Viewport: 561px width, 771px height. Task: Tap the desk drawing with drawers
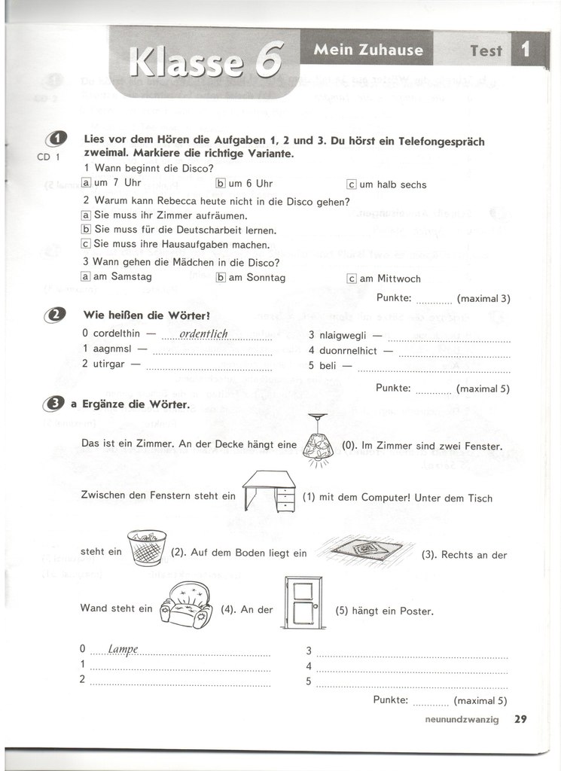click(x=268, y=489)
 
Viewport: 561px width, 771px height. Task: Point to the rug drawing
click(x=365, y=550)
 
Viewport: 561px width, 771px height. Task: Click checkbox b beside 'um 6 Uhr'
click(x=221, y=183)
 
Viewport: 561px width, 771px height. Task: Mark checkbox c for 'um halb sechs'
click(x=351, y=184)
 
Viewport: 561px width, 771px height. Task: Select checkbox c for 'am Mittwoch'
click(x=351, y=278)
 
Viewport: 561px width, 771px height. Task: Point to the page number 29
click(x=520, y=719)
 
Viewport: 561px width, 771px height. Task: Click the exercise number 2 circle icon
click(x=54, y=315)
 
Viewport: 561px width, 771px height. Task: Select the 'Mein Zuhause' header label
click(x=368, y=50)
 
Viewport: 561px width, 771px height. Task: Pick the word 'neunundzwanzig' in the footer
click(x=462, y=720)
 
